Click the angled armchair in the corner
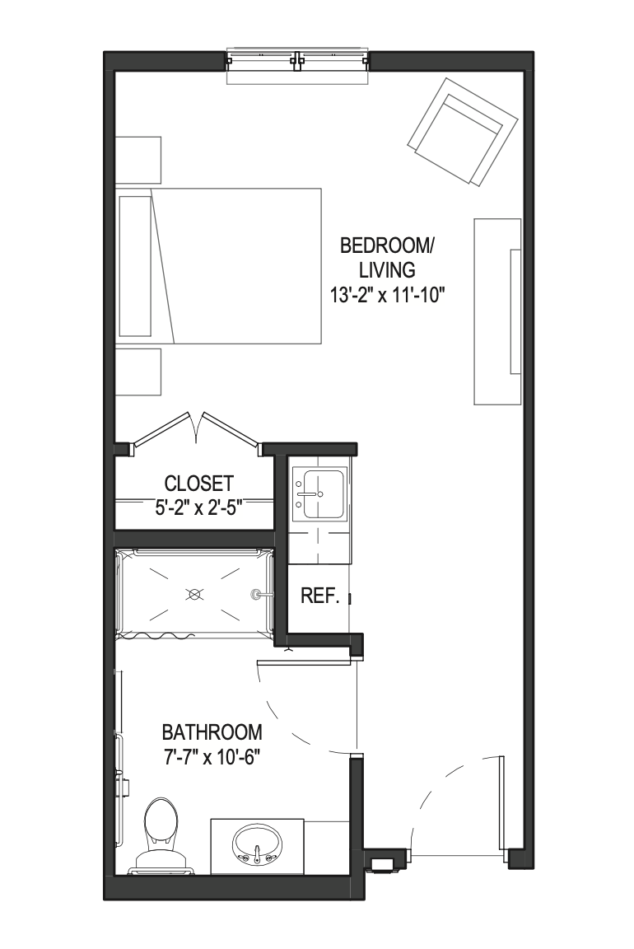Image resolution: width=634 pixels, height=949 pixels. point(463,131)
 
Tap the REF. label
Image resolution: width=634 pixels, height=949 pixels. point(319,596)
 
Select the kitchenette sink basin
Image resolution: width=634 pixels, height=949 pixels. point(324,494)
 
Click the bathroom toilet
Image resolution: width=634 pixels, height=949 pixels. point(161,836)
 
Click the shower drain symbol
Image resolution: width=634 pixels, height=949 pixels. point(194,594)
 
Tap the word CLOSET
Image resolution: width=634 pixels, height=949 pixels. point(199,483)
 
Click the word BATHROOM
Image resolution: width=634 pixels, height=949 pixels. point(212,732)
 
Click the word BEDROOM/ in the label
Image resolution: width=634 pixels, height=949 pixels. point(388,246)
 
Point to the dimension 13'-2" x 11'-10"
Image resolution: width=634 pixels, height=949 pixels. point(388,296)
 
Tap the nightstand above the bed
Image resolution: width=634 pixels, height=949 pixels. point(138,160)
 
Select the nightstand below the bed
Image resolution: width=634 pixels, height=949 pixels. point(138,371)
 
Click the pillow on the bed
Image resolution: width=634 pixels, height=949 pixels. point(136,266)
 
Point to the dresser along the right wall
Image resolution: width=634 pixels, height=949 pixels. point(496,311)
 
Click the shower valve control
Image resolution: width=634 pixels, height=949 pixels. point(257,594)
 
